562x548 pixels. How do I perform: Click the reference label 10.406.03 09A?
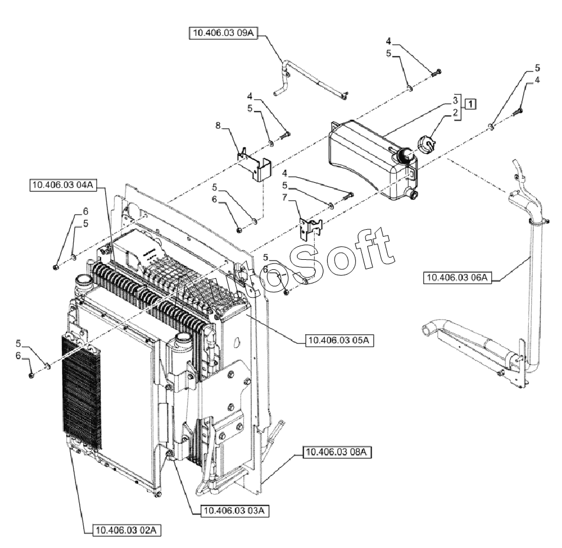coord(224,32)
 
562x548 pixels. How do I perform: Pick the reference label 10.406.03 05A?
coord(339,340)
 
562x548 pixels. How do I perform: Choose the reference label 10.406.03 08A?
coord(336,453)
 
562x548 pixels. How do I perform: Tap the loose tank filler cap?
coord(426,143)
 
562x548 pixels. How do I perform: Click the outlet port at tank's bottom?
coord(412,194)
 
